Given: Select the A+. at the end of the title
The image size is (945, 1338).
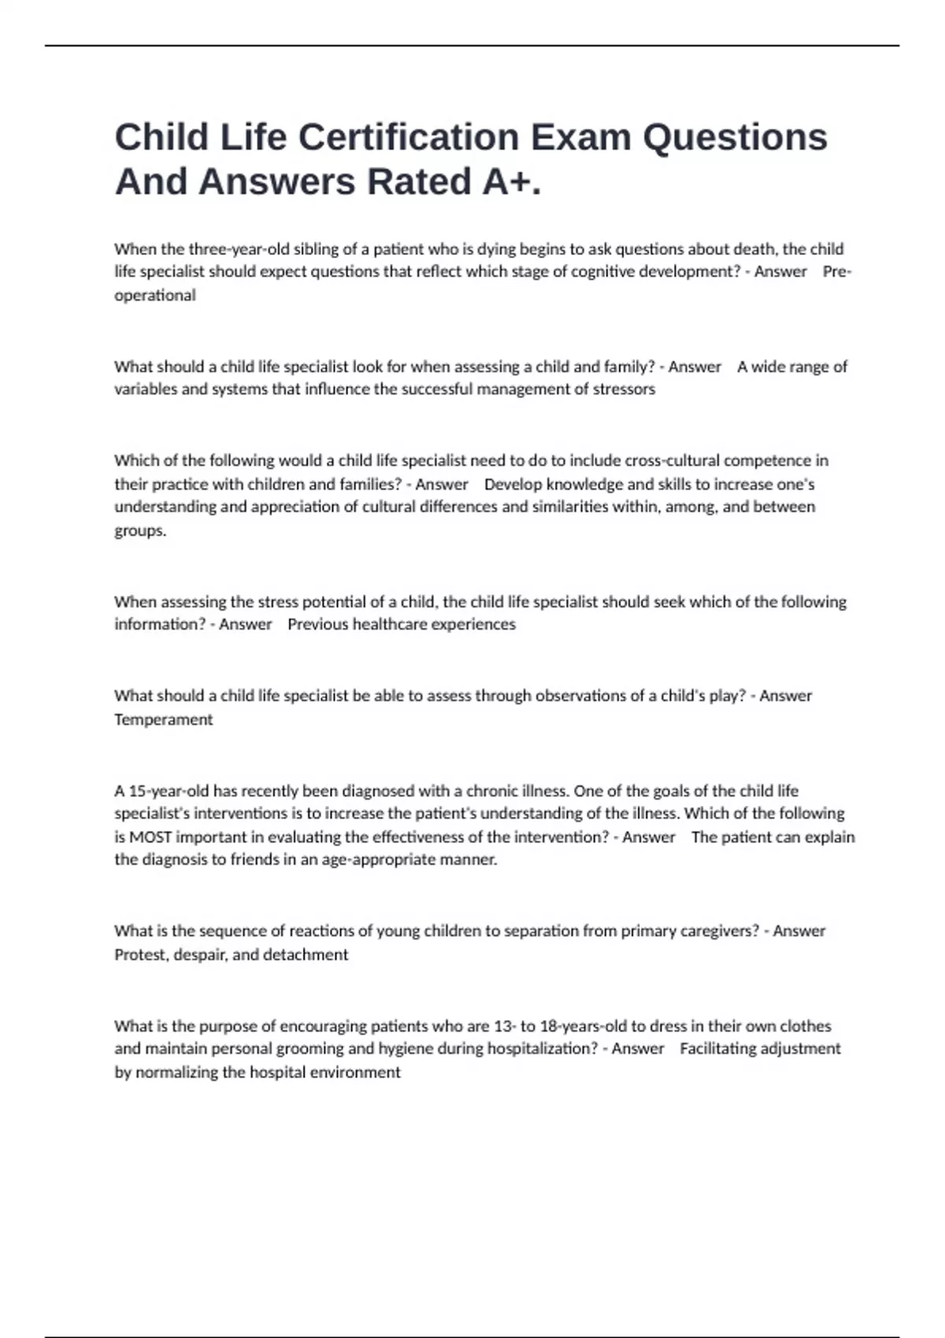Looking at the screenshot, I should tap(512, 183).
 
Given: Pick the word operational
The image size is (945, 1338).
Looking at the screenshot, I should tap(155, 296).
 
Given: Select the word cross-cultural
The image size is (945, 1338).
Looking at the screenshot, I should tap(672, 460).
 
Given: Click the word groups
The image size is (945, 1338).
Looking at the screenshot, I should tap(140, 530).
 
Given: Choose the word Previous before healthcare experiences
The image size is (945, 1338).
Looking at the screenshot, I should tap(317, 625).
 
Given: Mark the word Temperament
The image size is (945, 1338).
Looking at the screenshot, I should tap(164, 719).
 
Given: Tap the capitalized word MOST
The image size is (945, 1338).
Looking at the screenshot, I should tap(150, 837).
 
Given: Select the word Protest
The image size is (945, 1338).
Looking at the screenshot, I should tap(141, 955).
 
